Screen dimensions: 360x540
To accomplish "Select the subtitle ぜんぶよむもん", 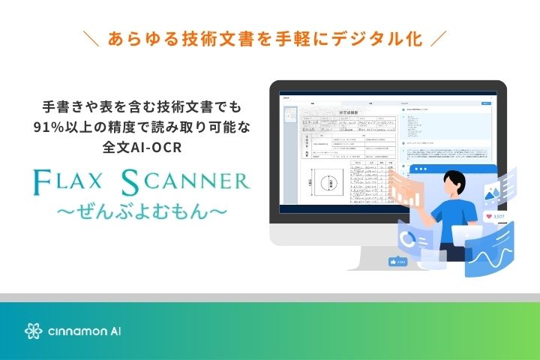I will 142,211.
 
